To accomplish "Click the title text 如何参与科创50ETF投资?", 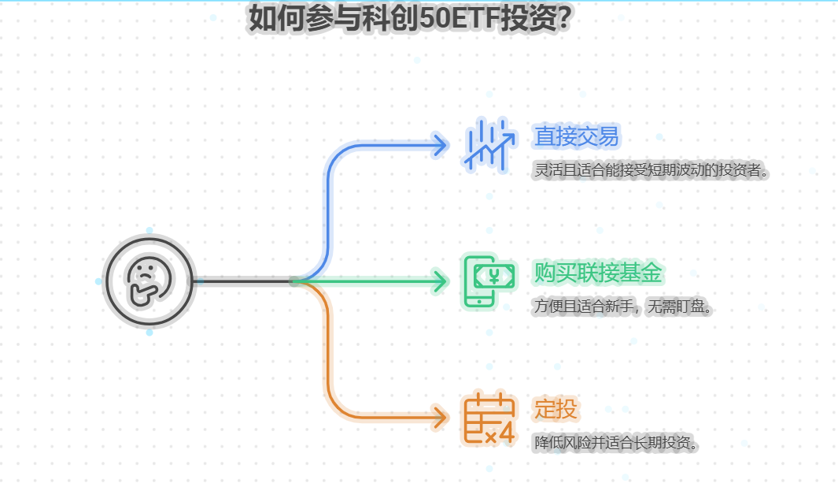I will coord(409,19).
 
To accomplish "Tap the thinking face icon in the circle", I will coord(149,281).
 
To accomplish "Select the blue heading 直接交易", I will coord(576,137).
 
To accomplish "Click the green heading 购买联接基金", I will coord(598,273).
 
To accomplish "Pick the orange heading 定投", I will coord(556,409).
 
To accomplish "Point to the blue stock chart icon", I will coord(489,146).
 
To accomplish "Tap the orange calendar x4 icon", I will coord(489,418).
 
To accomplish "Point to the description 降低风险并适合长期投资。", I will coord(617,442).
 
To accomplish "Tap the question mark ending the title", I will coord(563,19).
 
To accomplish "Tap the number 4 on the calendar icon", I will coord(506,434).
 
